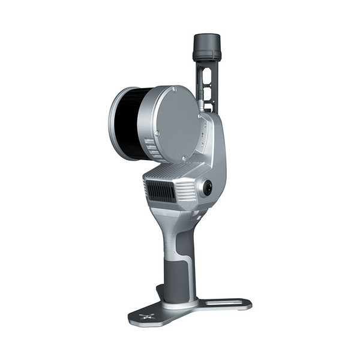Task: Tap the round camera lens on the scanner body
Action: pyautogui.click(x=208, y=188)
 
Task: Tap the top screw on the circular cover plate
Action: pyautogui.click(x=174, y=89)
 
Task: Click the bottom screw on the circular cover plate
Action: pyautogui.click(x=184, y=158)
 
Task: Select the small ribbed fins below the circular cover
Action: pyautogui.click(x=154, y=155)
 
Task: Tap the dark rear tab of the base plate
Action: pyautogui.click(x=160, y=292)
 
